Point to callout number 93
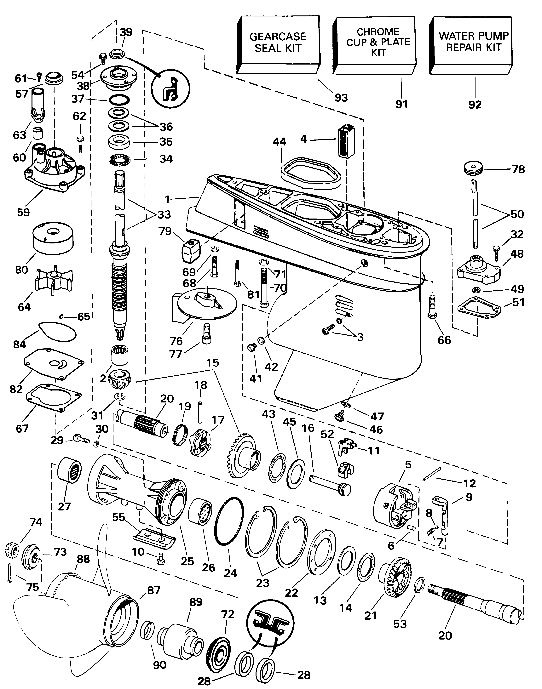pyautogui.click(x=341, y=97)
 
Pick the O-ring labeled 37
pyautogui.click(x=119, y=100)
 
